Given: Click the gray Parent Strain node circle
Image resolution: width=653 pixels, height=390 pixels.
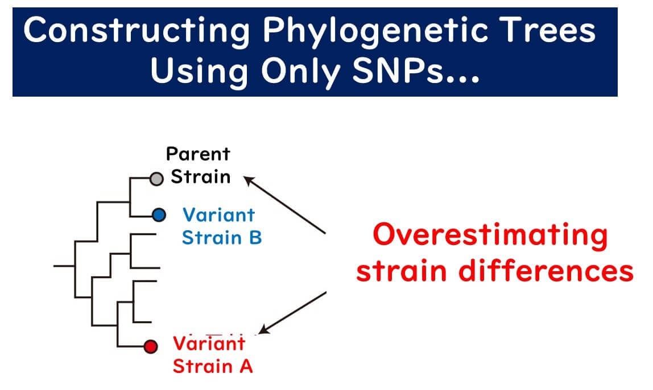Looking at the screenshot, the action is point(156,179).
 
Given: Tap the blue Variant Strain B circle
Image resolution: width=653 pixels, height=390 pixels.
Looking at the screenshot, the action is point(159,215).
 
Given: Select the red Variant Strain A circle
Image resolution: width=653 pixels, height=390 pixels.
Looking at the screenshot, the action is point(151,346).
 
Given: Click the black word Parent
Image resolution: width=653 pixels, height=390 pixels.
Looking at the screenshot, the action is point(198,154).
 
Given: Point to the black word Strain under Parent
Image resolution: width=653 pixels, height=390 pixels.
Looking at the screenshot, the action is point(200,177).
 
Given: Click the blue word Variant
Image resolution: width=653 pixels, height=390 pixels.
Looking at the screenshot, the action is point(218,215).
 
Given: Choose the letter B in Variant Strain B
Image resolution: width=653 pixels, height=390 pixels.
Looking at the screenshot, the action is point(255,238).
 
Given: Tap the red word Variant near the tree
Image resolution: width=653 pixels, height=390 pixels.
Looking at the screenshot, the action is point(209,344).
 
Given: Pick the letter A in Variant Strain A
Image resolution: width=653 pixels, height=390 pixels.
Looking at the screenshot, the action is point(246,366).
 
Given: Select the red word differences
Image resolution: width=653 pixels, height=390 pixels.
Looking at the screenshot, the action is point(546,271).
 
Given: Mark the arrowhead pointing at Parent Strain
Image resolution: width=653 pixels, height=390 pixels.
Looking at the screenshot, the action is point(249,181).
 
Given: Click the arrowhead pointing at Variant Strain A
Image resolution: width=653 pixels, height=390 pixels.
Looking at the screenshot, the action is point(264,329).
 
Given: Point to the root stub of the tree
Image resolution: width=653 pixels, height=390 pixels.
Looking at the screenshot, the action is point(64,265).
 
